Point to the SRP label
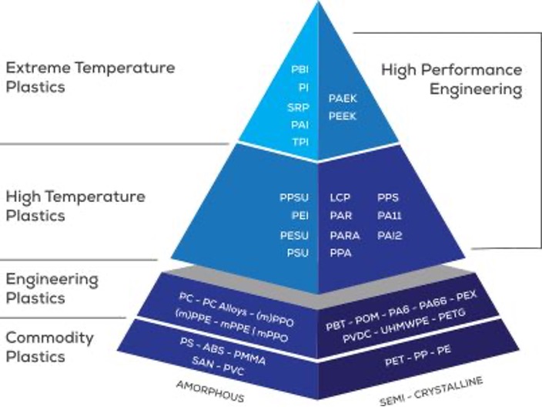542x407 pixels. click(x=299, y=107)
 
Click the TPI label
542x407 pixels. click(x=300, y=143)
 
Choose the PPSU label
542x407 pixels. click(x=294, y=198)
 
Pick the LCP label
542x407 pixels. click(x=340, y=198)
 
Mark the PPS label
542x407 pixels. click(x=388, y=198)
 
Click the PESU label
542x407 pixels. click(x=294, y=234)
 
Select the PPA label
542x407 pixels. click(x=340, y=252)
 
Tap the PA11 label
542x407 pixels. click(x=390, y=217)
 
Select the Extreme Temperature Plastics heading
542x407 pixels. click(x=90, y=77)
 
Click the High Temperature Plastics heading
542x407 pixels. click(x=75, y=206)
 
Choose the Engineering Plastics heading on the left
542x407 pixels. click(x=52, y=288)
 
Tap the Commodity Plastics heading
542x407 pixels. click(x=50, y=347)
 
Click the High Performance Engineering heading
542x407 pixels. click(x=452, y=79)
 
